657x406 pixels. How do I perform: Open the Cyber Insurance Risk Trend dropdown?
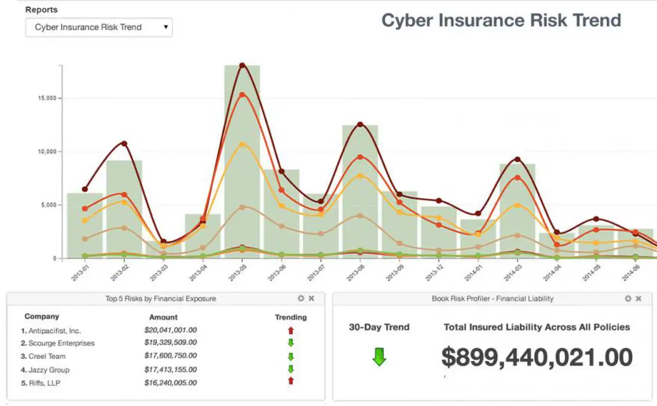(x=99, y=27)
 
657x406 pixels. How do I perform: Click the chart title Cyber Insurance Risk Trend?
(x=501, y=21)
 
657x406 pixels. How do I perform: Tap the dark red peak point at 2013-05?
(x=242, y=66)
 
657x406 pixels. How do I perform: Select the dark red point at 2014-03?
(x=517, y=159)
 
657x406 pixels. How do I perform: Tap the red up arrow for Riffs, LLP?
(x=291, y=381)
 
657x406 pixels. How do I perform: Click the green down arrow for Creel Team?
(x=291, y=357)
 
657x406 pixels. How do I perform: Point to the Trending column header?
(x=291, y=317)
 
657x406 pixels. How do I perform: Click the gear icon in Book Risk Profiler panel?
(x=628, y=299)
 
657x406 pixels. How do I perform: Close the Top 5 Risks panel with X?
(x=312, y=299)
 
